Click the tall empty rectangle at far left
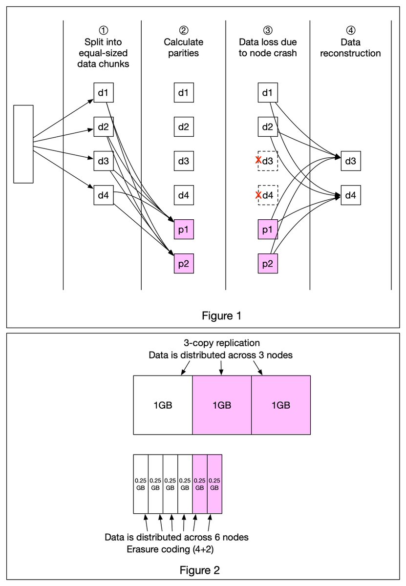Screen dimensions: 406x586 point(23,144)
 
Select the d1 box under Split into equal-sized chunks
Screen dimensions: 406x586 point(104,93)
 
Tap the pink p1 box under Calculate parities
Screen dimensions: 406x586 point(184,230)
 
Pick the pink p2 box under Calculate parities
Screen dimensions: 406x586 point(184,263)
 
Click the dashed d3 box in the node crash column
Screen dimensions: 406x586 point(268,161)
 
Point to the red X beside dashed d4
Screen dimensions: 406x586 point(258,195)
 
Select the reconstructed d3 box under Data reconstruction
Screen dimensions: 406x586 point(351,161)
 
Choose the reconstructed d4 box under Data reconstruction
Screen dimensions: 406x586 point(351,195)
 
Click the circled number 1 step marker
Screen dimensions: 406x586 point(104,30)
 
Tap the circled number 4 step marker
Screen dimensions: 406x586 point(351,30)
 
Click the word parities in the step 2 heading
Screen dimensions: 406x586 point(183,53)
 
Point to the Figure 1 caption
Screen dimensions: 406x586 point(221,316)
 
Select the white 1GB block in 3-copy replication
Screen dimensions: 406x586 point(163,405)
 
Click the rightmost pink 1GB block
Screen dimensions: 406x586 point(281,405)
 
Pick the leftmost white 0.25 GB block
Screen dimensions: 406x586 point(141,484)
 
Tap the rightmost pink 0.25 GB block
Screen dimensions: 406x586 point(214,484)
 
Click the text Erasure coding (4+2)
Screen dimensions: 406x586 point(170,549)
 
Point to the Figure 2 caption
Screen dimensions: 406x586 point(200,570)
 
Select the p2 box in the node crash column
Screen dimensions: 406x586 point(268,263)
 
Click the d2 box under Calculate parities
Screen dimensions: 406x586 point(184,126)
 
